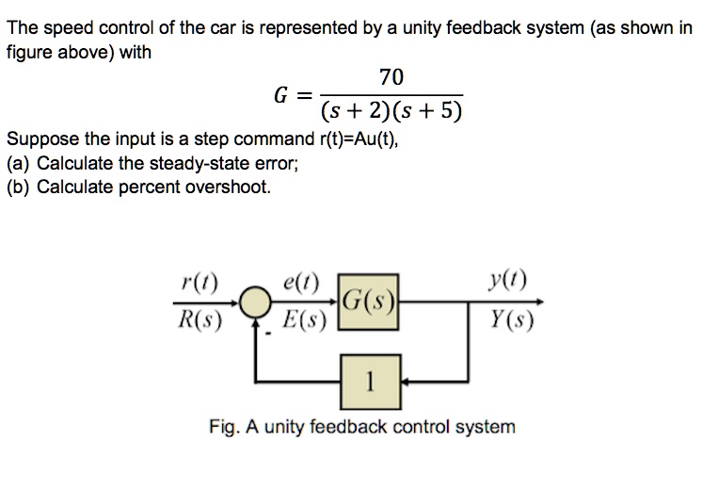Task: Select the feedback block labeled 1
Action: (x=370, y=382)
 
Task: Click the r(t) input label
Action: (x=199, y=282)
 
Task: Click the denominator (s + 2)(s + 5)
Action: (x=391, y=114)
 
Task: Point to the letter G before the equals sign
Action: (x=280, y=95)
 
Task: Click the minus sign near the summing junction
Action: (x=266, y=331)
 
